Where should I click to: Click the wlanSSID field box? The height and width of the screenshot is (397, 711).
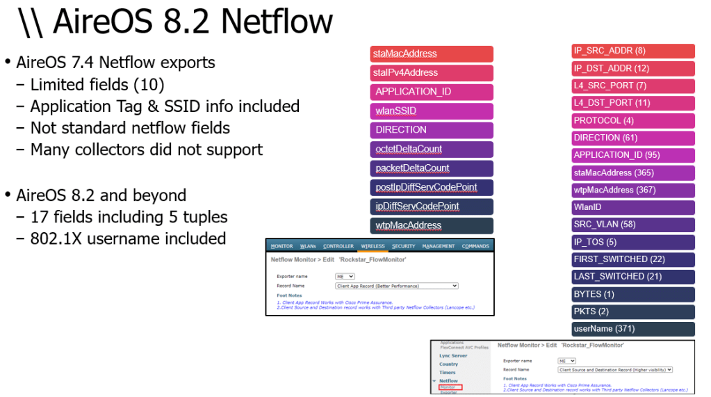[x=432, y=111]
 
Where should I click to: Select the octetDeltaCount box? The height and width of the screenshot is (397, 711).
[x=432, y=149]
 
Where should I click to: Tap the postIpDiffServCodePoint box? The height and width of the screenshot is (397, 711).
[x=432, y=187]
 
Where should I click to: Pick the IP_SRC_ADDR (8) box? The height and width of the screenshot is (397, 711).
[x=633, y=51]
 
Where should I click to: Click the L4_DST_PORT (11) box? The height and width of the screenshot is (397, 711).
[x=633, y=103]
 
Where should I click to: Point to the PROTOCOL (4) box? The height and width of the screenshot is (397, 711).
[x=633, y=120]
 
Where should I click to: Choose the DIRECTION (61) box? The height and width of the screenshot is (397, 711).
[x=633, y=138]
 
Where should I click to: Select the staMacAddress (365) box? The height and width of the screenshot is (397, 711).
[x=633, y=172]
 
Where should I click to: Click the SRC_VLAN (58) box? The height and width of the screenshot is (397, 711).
[x=633, y=225]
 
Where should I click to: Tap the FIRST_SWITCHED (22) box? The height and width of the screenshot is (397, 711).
[x=633, y=259]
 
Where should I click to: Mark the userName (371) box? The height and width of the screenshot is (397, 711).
[x=633, y=329]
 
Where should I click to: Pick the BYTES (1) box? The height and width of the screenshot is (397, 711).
[x=633, y=294]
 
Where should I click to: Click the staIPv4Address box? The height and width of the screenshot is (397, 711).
[x=432, y=73]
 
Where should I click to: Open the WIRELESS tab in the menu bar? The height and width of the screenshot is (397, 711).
[x=373, y=246]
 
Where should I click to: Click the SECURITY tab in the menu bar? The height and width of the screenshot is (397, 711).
[x=403, y=246]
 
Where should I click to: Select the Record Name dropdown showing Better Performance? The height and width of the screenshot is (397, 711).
[x=397, y=286]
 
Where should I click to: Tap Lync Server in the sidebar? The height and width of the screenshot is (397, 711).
[x=453, y=355]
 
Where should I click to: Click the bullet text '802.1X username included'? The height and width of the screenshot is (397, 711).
[x=128, y=238]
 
